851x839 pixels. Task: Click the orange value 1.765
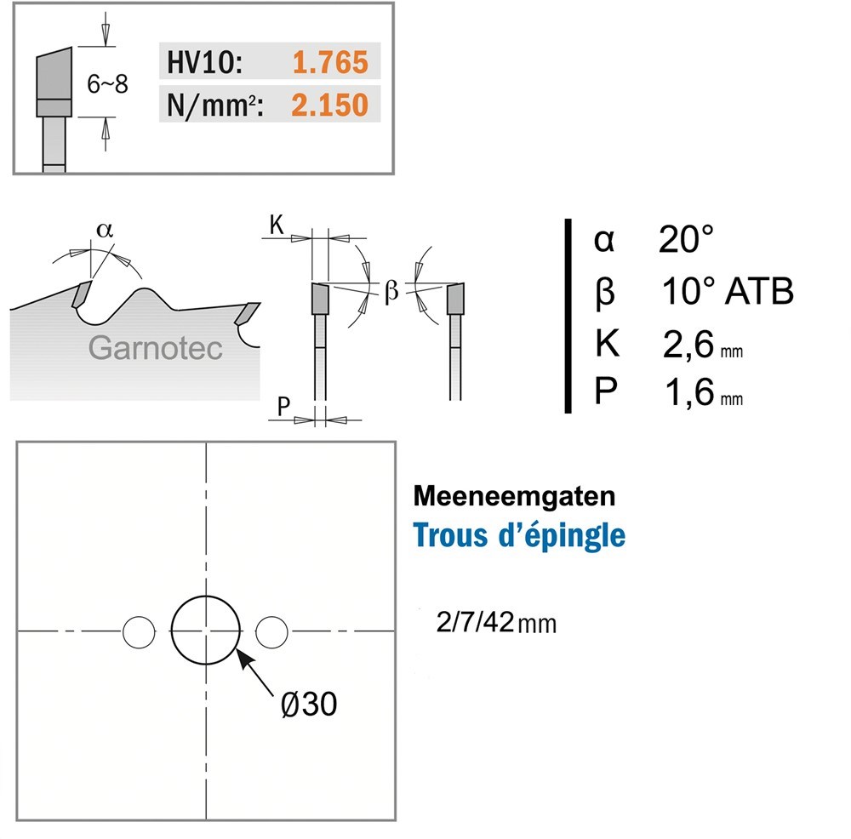(x=330, y=62)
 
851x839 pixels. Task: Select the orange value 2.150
(x=329, y=105)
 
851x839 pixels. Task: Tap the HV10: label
(x=204, y=62)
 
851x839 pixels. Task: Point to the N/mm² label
(x=215, y=106)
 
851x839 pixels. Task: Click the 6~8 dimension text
(x=107, y=84)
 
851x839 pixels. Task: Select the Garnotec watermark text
(x=155, y=348)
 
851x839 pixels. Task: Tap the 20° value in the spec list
(x=686, y=239)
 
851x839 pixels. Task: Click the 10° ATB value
(x=728, y=291)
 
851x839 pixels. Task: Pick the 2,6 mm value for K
(x=702, y=344)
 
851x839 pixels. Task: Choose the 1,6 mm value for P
(x=704, y=391)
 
